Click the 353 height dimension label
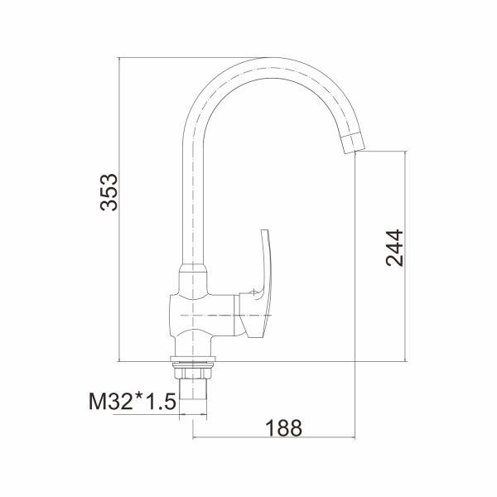[109, 192]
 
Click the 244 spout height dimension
[394, 248]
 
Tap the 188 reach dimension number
[283, 428]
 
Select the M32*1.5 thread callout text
[133, 401]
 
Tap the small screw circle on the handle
[253, 293]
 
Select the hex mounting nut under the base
[192, 371]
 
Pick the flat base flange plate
[193, 359]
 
